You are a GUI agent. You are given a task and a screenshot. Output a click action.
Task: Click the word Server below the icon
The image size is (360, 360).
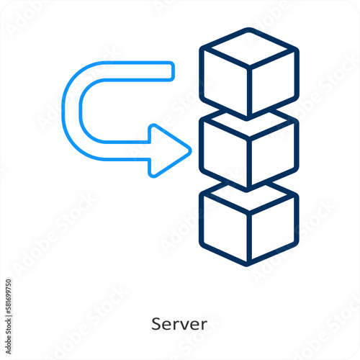[x=179, y=324]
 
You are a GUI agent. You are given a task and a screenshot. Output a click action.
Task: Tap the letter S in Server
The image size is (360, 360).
[x=156, y=324]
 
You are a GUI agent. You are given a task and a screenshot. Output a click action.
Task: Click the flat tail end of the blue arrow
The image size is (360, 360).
[x=172, y=71]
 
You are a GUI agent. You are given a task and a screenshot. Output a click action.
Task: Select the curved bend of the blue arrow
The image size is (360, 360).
[x=71, y=111]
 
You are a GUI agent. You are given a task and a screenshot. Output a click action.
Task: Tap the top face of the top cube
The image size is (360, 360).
[x=249, y=47]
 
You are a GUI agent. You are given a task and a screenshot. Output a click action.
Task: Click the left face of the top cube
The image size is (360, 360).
[x=225, y=81]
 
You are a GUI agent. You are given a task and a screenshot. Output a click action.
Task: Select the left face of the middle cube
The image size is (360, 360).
[x=225, y=152]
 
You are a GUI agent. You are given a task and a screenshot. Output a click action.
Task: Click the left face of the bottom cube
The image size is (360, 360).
[x=225, y=226]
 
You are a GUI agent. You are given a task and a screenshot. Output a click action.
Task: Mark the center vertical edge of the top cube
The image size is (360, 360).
[x=249, y=91]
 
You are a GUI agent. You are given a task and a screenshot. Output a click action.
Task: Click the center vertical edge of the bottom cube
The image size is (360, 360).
[x=249, y=237]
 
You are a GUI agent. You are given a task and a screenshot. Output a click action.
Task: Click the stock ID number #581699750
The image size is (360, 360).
[x=9, y=297]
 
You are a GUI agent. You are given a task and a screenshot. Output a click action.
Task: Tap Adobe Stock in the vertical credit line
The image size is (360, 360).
[x=9, y=336]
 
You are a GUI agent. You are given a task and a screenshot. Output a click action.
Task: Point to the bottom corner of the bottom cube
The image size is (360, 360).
[x=248, y=264]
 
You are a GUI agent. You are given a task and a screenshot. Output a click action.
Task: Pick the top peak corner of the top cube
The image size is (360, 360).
[x=249, y=30]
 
